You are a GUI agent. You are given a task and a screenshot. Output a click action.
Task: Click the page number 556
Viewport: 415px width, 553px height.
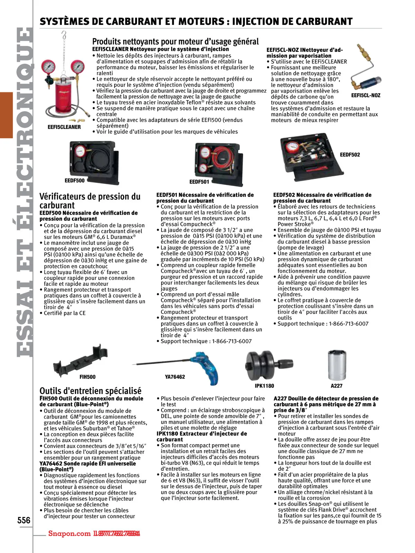(x=24, y=520)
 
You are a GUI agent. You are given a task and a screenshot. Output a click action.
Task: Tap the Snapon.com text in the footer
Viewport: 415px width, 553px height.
(x=69, y=533)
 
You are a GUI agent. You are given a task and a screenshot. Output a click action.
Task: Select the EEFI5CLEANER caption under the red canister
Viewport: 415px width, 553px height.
(x=64, y=127)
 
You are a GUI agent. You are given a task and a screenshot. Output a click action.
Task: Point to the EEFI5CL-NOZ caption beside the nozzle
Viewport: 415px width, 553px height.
(x=366, y=95)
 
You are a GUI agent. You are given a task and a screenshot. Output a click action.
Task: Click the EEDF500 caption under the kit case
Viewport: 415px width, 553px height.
(x=74, y=180)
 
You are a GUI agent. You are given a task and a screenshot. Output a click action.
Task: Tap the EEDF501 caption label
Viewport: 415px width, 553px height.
(x=199, y=182)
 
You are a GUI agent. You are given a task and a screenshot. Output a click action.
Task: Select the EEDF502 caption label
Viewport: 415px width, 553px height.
(x=350, y=154)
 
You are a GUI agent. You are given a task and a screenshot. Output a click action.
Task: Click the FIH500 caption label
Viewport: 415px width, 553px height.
(x=87, y=377)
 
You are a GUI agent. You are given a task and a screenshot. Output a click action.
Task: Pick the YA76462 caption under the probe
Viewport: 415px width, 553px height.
(x=175, y=377)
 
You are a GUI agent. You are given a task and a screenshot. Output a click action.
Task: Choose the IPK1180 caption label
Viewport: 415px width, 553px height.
(x=264, y=386)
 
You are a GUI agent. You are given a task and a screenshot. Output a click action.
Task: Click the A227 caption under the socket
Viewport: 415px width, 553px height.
(x=336, y=386)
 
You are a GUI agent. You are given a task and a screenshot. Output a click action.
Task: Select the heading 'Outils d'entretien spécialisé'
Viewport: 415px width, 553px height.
(x=90, y=391)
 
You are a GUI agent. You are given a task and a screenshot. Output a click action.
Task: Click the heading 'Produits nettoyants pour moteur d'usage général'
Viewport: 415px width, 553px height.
(x=175, y=41)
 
